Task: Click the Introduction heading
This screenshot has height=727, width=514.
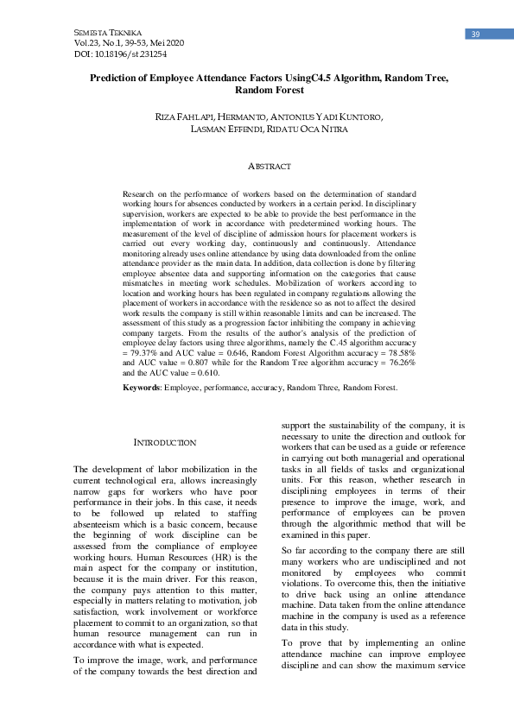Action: click(165, 443)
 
